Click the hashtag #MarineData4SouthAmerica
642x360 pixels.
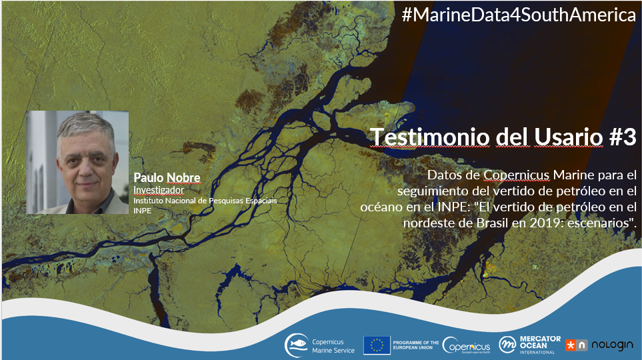coord(519,15)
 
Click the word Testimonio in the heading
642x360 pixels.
coord(429,137)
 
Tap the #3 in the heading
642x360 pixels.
coord(623,137)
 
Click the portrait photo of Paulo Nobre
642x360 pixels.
coord(77,162)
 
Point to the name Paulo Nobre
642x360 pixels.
coord(167,178)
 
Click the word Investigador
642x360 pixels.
coord(159,191)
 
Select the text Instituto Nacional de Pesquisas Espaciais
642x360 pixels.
coord(205,201)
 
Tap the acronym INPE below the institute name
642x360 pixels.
coord(143,211)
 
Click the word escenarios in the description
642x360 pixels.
coord(599,223)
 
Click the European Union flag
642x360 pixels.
coord(377,345)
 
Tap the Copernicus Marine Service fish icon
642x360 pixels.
coord(297,345)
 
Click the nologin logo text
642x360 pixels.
coord(612,345)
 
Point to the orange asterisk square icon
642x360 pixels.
coord(571,345)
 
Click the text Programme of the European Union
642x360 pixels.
coord(415,345)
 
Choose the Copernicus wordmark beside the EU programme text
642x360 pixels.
coord(467,345)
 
